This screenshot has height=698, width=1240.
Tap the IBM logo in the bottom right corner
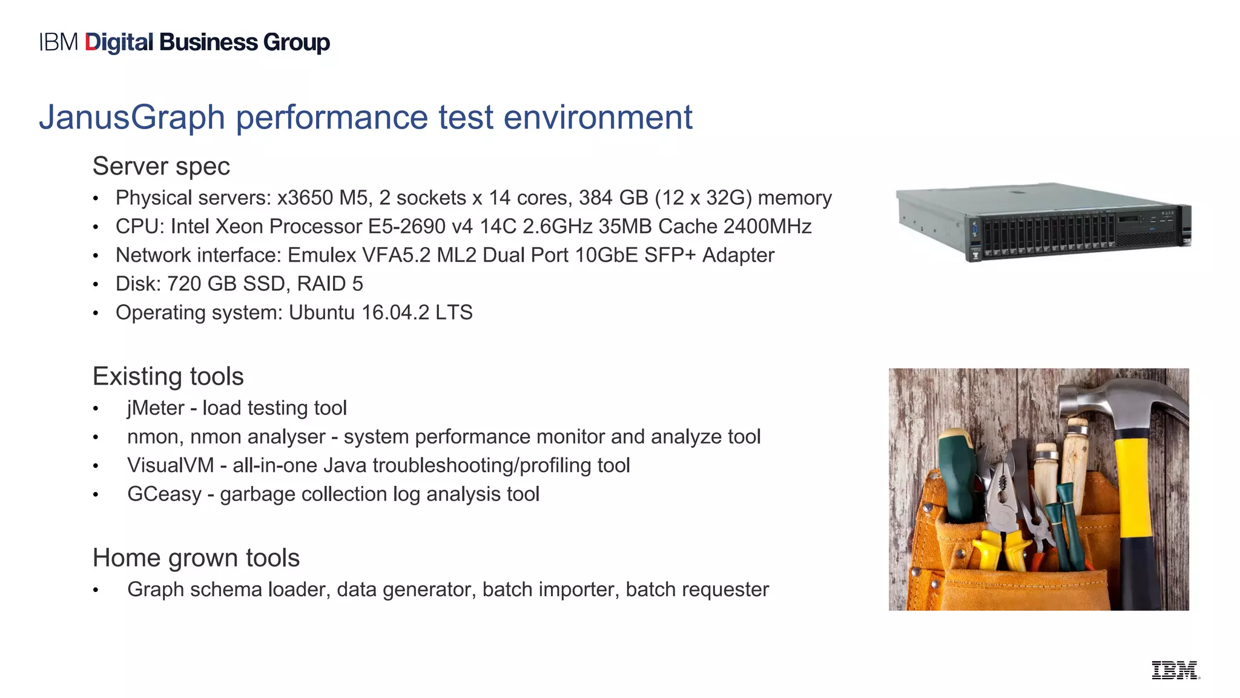[1175, 670]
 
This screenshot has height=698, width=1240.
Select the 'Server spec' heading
[161, 167]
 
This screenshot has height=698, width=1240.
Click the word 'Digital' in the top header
[119, 42]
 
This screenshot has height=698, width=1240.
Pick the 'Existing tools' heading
[168, 376]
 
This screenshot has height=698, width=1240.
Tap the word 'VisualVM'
[170, 465]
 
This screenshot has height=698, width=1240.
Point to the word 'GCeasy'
[164, 494]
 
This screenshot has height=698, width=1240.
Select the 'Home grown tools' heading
[196, 558]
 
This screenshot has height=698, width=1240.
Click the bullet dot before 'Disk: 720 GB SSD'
[96, 285]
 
